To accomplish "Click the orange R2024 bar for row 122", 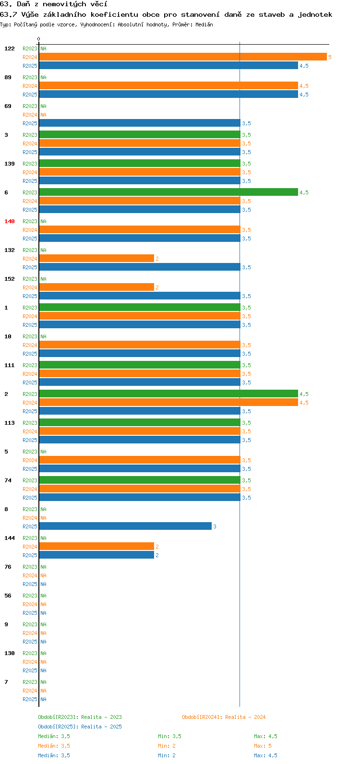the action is tap(183, 57).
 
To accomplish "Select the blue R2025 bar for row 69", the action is tap(140, 123).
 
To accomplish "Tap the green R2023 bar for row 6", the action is tap(168, 192).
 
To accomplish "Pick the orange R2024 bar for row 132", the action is tap(96, 259).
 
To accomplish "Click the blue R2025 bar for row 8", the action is tap(125, 526).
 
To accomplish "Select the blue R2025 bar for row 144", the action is tap(96, 555).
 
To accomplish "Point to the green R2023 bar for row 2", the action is tap(168, 394).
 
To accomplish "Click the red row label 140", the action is tap(10, 221).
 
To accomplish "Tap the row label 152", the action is tap(10, 279).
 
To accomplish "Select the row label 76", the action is tap(8, 567).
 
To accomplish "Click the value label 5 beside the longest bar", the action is tap(330, 57).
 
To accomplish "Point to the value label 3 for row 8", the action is tap(215, 526).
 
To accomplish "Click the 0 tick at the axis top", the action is tap(38, 39).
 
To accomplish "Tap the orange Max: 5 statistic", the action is tap(263, 746).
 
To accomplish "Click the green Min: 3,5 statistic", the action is tap(169, 736).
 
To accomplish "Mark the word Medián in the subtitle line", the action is tap(204, 24).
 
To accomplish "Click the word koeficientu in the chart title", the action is tap(114, 15).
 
